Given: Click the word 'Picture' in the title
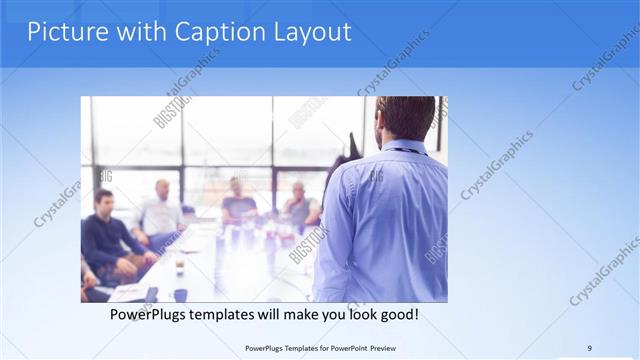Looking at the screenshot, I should point(62,32).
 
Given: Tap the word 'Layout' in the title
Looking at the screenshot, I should point(312,32).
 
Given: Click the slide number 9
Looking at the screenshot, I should point(589,348).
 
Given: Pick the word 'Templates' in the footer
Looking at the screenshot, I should point(293,348).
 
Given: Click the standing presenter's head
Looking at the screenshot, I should point(405,118).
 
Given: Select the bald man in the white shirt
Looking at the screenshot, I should point(161,210).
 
